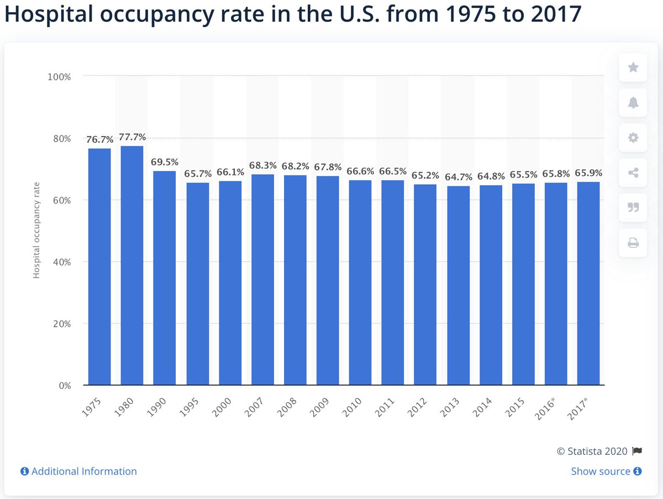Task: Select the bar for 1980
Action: click(x=132, y=266)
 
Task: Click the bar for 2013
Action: click(x=458, y=285)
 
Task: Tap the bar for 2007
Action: click(x=262, y=279)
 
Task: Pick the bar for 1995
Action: click(x=197, y=284)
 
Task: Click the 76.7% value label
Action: click(x=99, y=139)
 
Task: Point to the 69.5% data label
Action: click(x=165, y=162)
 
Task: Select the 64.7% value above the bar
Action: click(x=458, y=177)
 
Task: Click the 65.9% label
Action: click(x=588, y=173)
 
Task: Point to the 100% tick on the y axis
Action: click(x=59, y=76)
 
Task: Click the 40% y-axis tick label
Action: click(x=61, y=262)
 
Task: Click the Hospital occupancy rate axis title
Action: click(x=36, y=231)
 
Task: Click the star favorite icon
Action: click(x=633, y=67)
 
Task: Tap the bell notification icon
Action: click(x=633, y=102)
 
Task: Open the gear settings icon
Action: click(x=633, y=137)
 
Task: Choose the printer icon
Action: click(x=633, y=242)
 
